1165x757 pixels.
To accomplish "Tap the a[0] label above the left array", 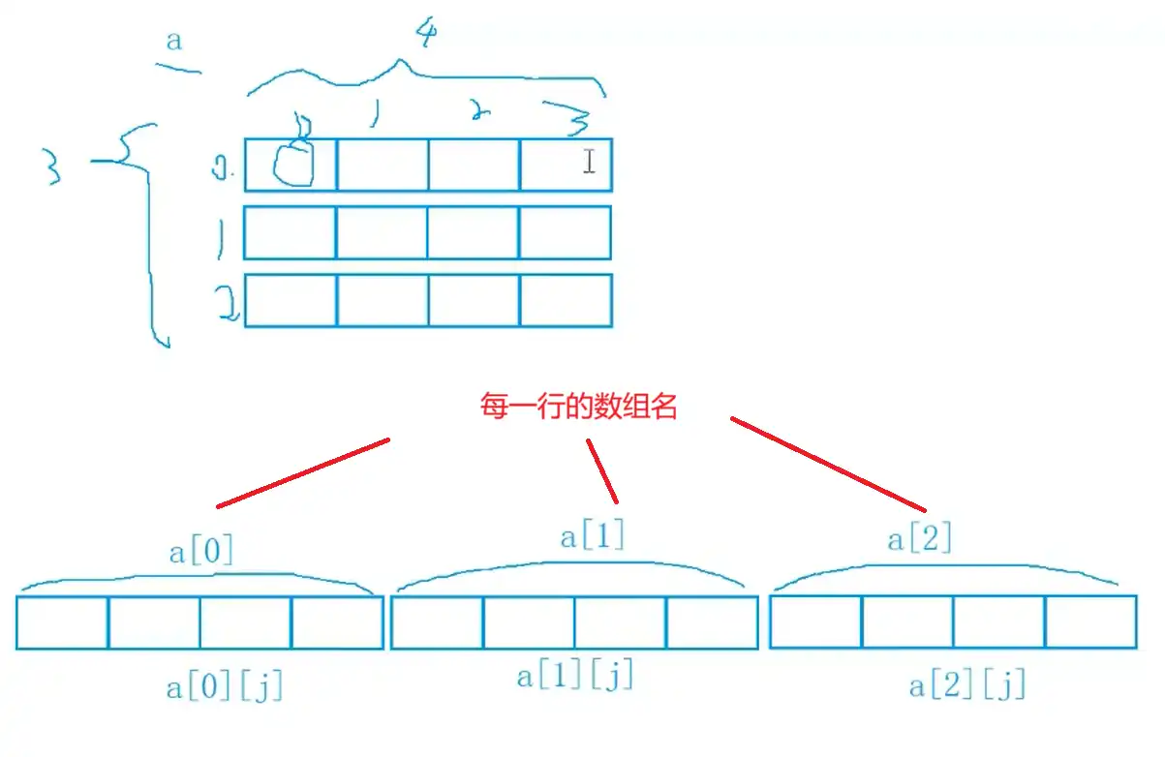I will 201,553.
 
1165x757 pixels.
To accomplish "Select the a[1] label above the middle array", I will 593,536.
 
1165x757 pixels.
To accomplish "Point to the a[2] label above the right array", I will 919,538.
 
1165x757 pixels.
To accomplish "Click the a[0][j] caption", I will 225,688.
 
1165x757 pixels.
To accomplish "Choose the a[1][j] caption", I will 574,676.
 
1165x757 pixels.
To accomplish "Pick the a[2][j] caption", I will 966,686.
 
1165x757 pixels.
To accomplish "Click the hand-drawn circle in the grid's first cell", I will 293,165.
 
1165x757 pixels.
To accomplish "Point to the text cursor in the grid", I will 589,162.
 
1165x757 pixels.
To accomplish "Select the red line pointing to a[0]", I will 302,472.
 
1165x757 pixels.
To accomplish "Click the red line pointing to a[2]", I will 828,464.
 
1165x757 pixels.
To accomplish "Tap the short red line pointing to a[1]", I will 601,470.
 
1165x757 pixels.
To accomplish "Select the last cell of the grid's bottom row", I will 566,301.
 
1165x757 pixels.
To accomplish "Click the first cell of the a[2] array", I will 815,621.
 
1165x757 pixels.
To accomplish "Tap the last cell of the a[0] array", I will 337,622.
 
